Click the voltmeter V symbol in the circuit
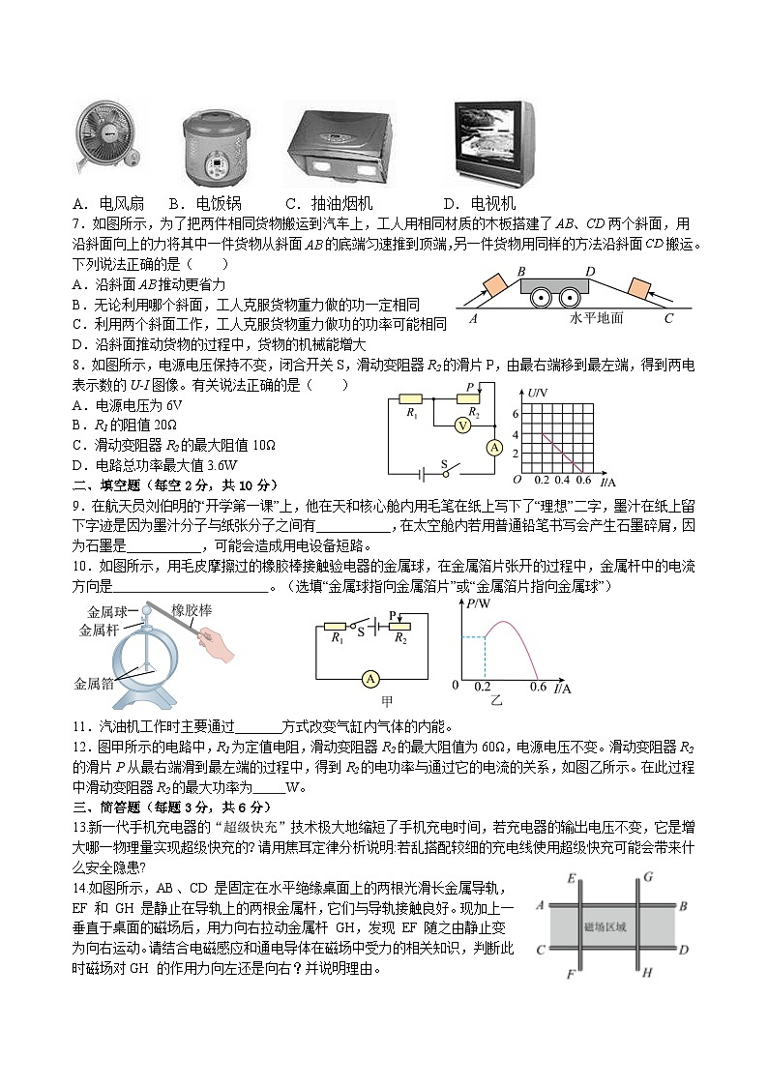(462, 425)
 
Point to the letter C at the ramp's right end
(668, 317)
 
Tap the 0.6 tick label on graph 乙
(538, 689)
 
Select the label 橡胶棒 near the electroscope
(192, 610)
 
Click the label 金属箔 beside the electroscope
(94, 683)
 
